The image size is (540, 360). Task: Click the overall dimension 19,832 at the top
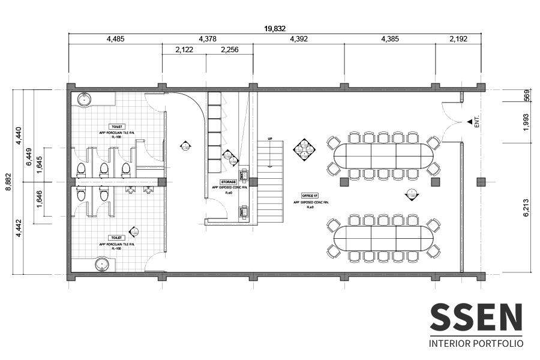click(275, 28)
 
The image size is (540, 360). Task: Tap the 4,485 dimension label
click(116, 39)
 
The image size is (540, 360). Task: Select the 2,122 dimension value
click(184, 50)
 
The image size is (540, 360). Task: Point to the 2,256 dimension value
click(229, 50)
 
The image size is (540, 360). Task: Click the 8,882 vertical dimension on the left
click(8, 181)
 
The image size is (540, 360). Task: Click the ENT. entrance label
click(477, 122)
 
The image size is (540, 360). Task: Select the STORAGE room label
click(229, 181)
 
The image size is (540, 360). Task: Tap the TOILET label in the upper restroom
click(116, 127)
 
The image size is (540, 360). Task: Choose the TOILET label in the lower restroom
click(116, 238)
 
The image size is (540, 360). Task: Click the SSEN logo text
click(476, 318)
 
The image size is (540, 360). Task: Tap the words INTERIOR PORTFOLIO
click(476, 344)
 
